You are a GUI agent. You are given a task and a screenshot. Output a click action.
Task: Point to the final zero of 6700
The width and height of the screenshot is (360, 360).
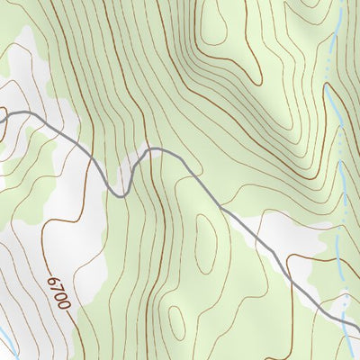(x=65, y=306)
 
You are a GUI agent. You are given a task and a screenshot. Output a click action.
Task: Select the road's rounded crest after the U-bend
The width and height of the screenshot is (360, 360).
(x=155, y=148)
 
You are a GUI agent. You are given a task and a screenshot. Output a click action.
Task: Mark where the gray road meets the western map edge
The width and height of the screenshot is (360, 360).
(x=1, y=112)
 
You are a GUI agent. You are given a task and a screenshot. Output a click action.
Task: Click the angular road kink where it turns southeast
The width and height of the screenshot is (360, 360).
(x=220, y=207)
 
